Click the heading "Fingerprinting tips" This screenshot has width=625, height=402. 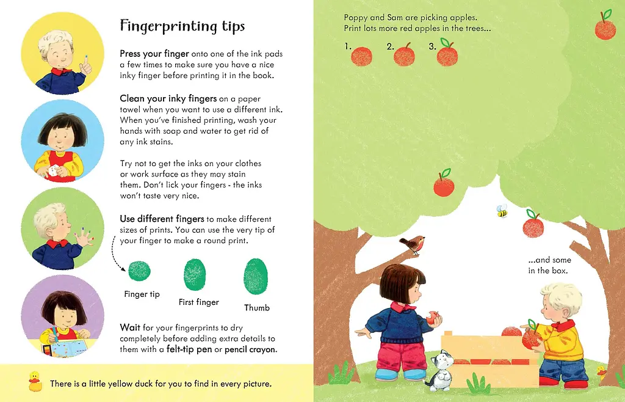click(x=182, y=26)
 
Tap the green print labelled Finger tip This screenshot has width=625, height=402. click(x=139, y=270)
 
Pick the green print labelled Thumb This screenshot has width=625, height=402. click(x=256, y=277)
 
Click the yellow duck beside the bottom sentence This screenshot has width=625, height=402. click(x=35, y=382)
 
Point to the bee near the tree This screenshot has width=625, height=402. click(x=502, y=211)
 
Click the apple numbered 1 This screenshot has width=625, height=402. click(x=361, y=56)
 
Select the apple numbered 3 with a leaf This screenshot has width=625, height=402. click(x=447, y=54)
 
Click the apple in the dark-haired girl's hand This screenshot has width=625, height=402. click(x=434, y=318)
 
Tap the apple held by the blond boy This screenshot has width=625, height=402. click(x=532, y=337)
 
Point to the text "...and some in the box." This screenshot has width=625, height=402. click(x=549, y=265)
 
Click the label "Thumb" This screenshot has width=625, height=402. click(x=257, y=307)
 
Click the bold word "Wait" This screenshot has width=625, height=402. click(x=130, y=327)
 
